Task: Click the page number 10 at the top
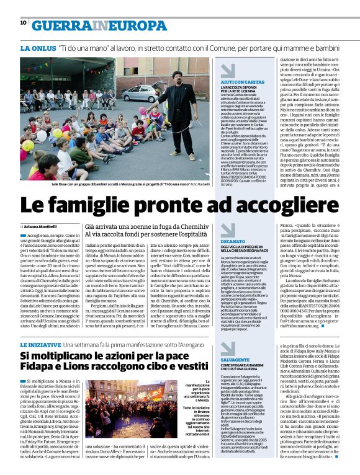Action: point(23,23)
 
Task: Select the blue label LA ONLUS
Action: point(37,48)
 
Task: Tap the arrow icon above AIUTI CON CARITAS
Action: point(228,70)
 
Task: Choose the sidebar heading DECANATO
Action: point(231,241)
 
